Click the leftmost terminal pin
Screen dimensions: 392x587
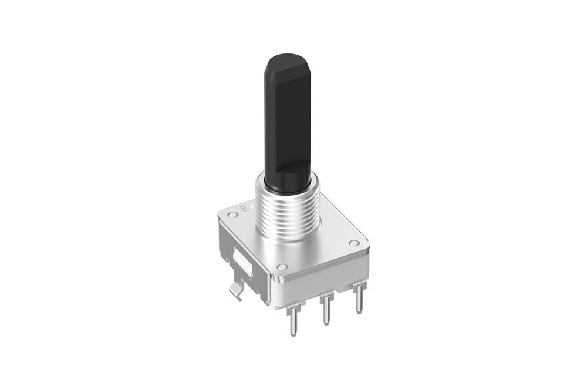pyautogui.click(x=292, y=318)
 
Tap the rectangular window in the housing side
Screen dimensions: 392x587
pyautogui.click(x=241, y=262)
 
